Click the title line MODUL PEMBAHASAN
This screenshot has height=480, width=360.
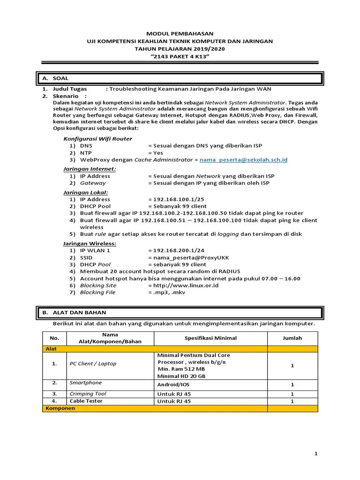pyautogui.click(x=180, y=34)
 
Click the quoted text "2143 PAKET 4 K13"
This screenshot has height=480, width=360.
pyautogui.click(x=180, y=56)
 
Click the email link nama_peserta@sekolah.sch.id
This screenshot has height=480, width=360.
pyautogui.click(x=243, y=160)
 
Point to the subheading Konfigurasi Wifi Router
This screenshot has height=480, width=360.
pyautogui.click(x=97, y=139)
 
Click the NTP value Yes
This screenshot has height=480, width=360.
pyautogui.click(x=156, y=153)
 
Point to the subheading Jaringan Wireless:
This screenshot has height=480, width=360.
pyautogui.click(x=90, y=243)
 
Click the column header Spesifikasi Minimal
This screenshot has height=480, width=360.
pyautogui.click(x=210, y=338)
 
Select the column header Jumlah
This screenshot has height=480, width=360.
pyautogui.click(x=292, y=338)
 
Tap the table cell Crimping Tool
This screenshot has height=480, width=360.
pyautogui.click(x=88, y=394)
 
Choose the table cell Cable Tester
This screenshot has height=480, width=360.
pyautogui.click(x=86, y=401)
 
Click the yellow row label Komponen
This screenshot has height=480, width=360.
pyautogui.click(x=60, y=408)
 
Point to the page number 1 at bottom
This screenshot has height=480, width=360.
pyautogui.click(x=315, y=454)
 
